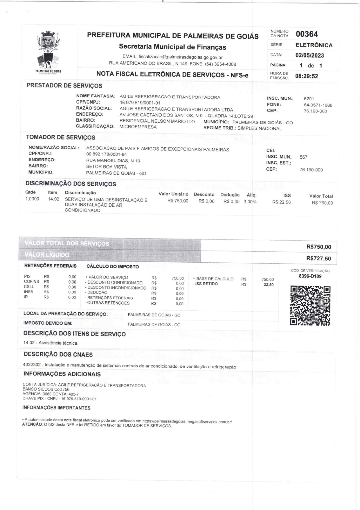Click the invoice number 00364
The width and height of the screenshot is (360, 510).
307,34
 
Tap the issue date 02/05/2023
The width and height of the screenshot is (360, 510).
309,55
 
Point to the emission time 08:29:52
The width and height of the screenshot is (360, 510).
307,76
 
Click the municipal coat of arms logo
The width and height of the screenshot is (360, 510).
48,52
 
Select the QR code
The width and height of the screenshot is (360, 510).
310,305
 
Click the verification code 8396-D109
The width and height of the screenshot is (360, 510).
310,276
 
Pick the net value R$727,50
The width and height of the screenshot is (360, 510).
318,258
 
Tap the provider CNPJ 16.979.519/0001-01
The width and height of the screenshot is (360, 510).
140,103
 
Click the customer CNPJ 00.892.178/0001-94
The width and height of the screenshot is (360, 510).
107,154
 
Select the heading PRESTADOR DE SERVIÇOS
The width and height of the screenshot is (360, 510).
64,86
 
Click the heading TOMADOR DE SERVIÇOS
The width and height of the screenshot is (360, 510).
60,137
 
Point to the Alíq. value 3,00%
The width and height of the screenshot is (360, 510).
250,201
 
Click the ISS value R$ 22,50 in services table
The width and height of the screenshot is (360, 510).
281,202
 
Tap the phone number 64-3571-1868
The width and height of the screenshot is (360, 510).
318,105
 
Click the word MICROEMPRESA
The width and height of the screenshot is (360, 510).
138,127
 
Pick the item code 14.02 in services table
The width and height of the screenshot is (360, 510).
54,199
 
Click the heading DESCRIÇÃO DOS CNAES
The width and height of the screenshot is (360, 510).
58,355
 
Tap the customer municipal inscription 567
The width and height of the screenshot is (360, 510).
303,157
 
